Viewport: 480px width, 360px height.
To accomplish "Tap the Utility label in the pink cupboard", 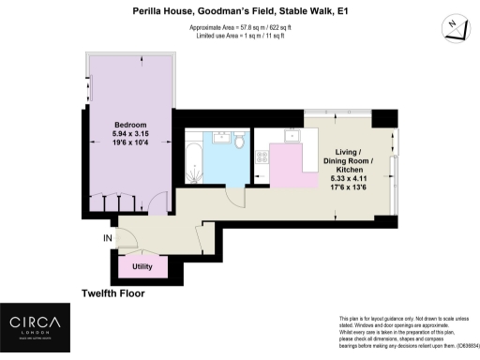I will coord(143,268).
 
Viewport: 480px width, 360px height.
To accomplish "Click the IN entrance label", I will coord(110,239).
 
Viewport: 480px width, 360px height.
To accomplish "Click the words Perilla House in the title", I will coord(156,12).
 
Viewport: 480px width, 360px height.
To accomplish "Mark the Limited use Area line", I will coord(239,37).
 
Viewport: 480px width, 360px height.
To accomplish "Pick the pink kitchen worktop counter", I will coord(286,169).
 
